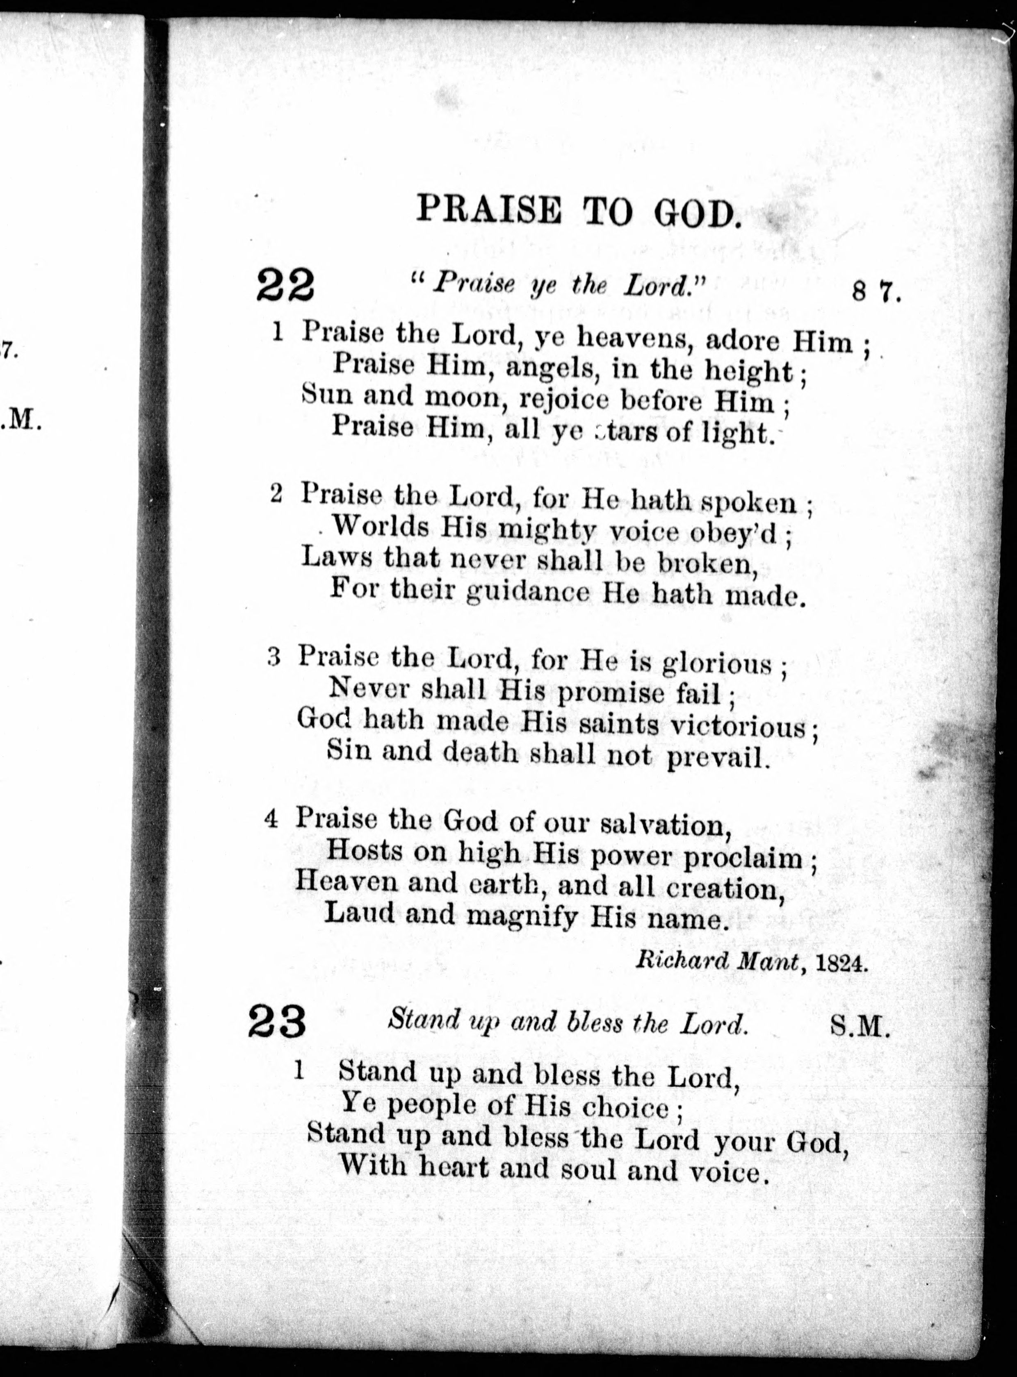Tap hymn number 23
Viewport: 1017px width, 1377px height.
click(x=278, y=1023)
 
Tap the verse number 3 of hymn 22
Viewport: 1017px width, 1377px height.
click(x=275, y=658)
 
